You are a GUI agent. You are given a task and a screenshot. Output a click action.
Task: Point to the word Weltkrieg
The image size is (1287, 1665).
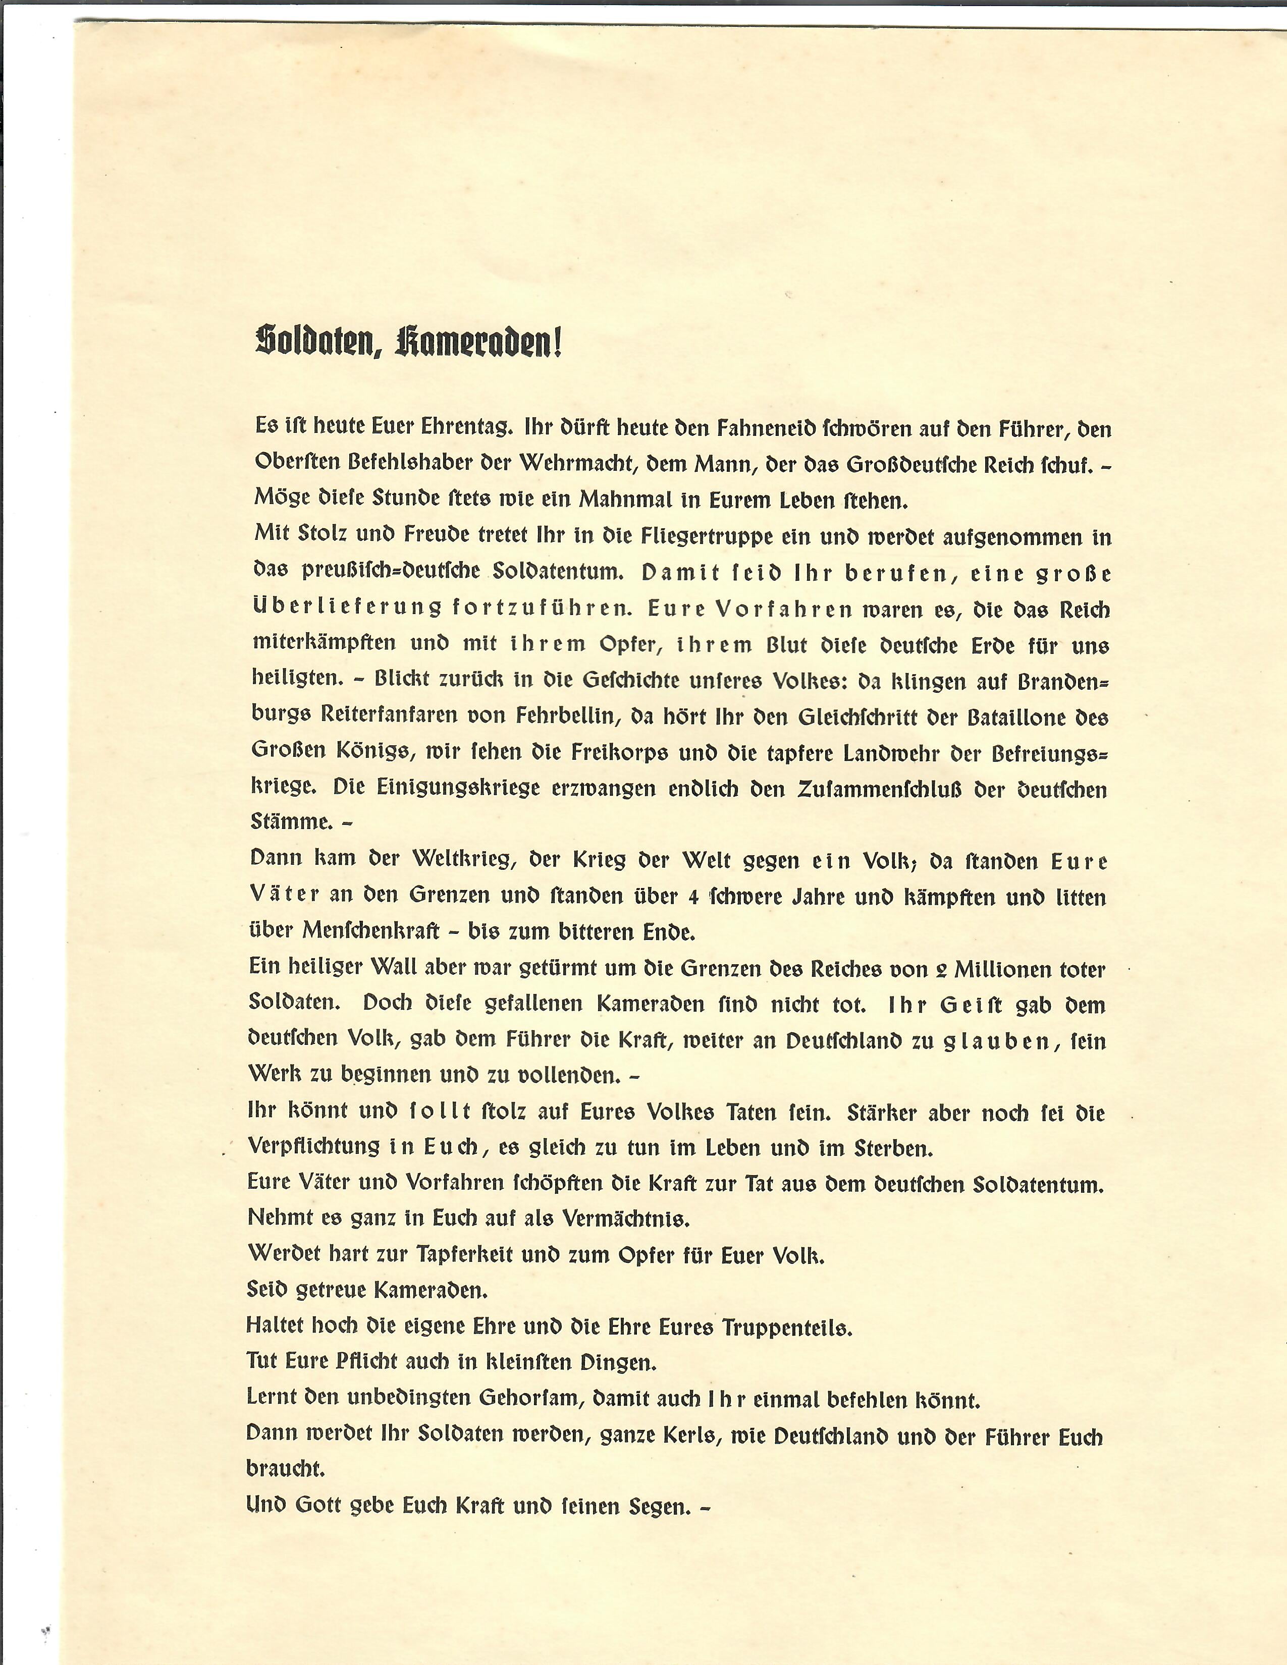[x=445, y=861]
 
